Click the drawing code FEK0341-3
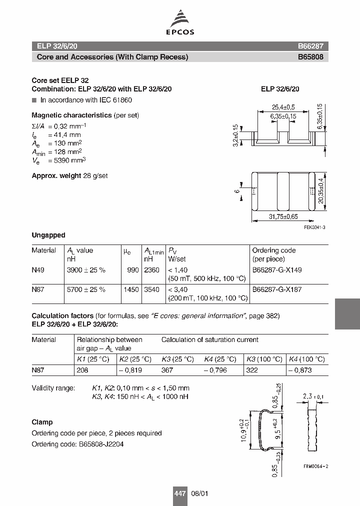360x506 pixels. click(314, 227)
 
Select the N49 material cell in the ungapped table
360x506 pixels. click(38, 270)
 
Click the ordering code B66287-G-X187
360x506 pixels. click(276, 289)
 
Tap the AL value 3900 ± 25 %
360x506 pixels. click(86, 270)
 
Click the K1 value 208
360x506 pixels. click(82, 370)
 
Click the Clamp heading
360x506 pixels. click(42, 422)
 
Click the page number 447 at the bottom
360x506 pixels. click(179, 493)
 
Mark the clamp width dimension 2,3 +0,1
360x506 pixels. click(313, 397)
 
